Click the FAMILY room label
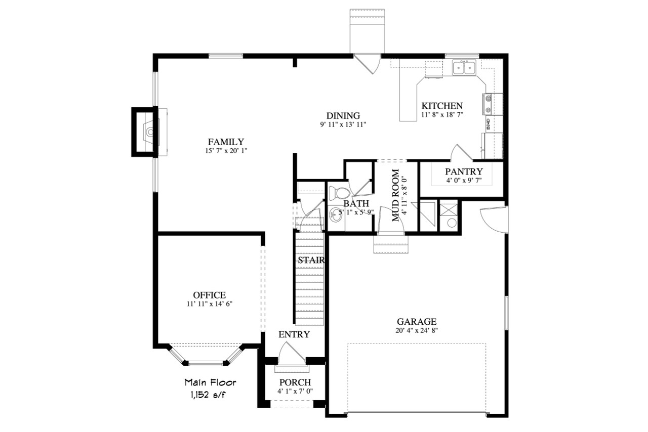(226, 142)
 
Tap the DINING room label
(343, 116)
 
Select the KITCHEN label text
(442, 106)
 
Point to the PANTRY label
(464, 171)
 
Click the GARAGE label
(416, 322)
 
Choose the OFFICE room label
(209, 295)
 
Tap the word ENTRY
(294, 334)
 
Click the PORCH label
(295, 382)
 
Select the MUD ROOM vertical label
(396, 195)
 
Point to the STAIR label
(310, 260)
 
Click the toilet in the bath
(338, 193)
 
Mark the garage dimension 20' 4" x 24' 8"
(416, 331)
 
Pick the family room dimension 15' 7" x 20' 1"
(226, 151)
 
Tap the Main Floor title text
(210, 382)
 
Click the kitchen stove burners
(489, 104)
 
